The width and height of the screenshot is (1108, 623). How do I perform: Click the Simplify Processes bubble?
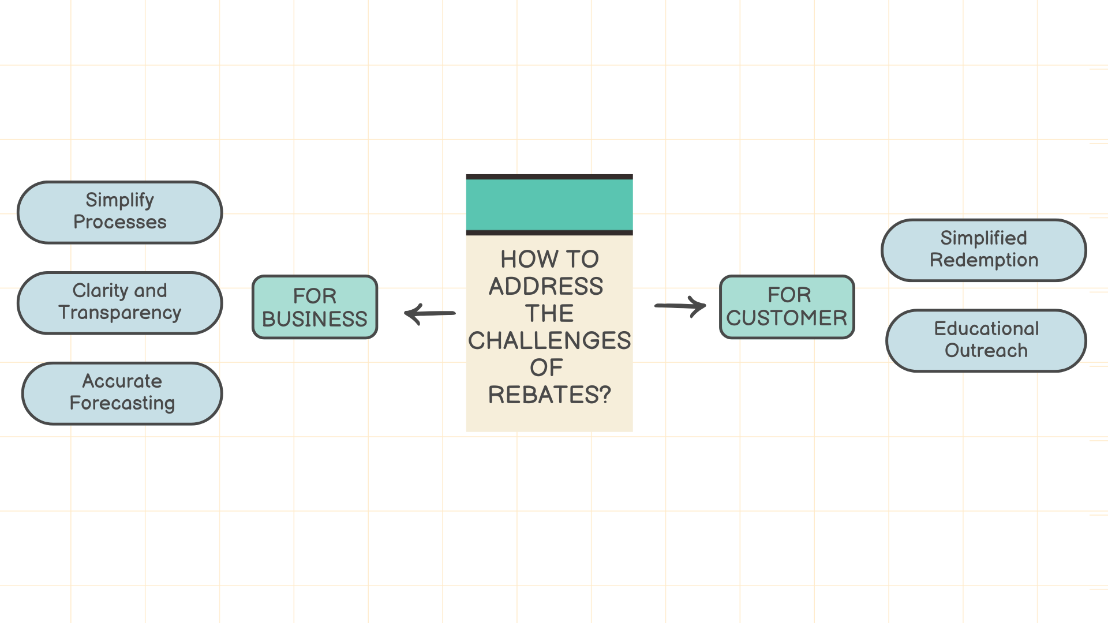pos(119,212)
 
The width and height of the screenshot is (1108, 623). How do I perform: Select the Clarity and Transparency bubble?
pos(119,302)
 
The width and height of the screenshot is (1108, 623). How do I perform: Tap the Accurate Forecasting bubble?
pos(122,393)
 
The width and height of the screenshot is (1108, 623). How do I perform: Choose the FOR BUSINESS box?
pos(315,307)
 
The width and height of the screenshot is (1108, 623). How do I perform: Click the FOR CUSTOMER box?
pos(787,306)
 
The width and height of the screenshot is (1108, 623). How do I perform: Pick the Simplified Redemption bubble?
pos(983,250)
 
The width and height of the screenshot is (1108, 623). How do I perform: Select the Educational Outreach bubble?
pos(986,340)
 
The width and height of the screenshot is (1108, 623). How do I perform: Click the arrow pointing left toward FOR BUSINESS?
pos(429,313)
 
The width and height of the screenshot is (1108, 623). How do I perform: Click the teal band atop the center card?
pos(549,205)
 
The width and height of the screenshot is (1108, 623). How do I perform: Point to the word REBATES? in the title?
pos(549,395)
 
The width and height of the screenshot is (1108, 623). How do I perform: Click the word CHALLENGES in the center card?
pos(549,341)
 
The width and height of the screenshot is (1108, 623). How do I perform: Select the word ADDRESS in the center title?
pos(546,287)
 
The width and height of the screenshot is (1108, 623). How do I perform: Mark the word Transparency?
pos(119,313)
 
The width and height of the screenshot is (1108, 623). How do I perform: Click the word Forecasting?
pos(122,403)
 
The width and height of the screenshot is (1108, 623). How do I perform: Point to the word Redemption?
pos(983,261)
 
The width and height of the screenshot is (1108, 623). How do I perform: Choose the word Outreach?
pos(986,351)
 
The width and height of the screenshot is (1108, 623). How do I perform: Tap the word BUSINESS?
pos(315,319)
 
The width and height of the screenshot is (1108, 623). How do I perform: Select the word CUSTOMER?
pos(787,318)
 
